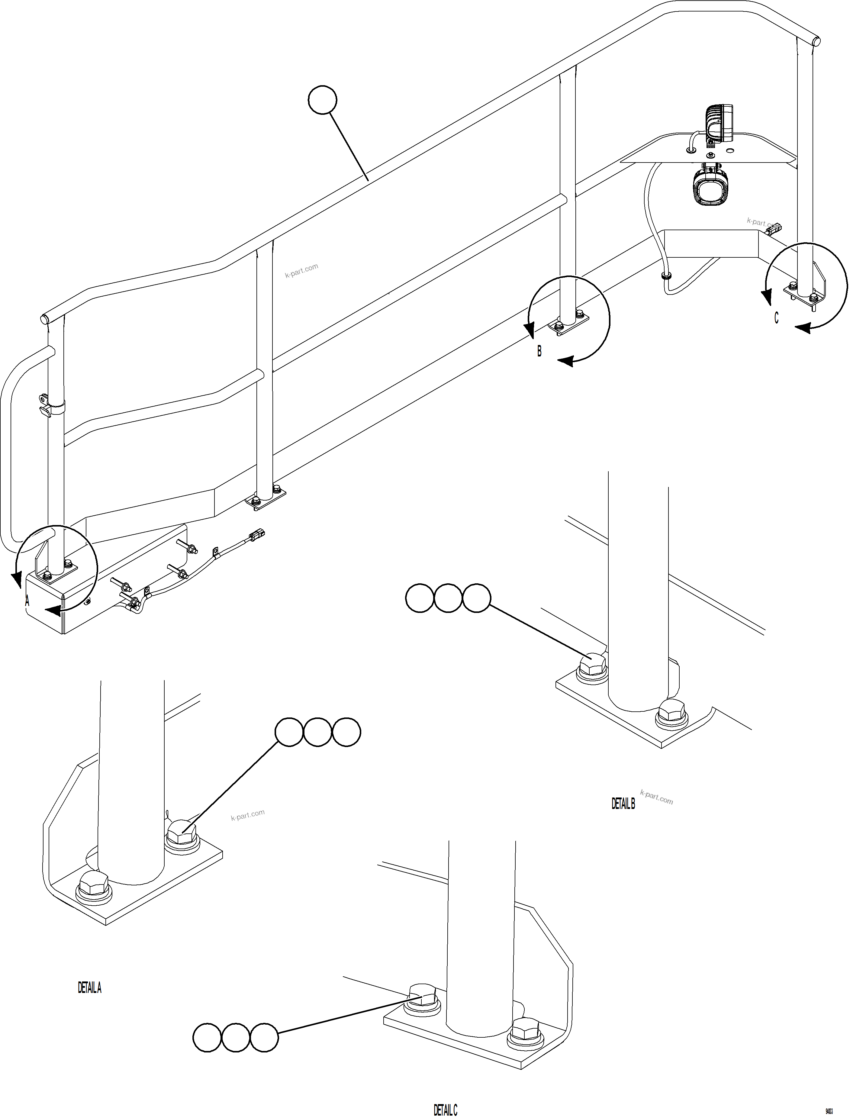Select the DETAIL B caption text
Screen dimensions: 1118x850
pos(623,803)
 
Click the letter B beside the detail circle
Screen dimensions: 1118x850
pos(539,351)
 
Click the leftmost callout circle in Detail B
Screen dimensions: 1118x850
pos(420,598)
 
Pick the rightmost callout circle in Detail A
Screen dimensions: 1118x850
pos(346,732)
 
